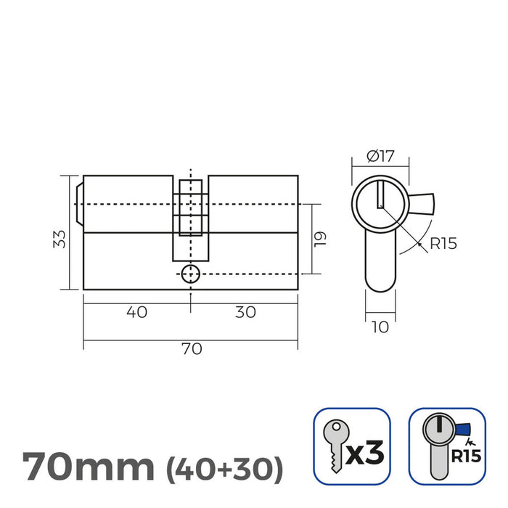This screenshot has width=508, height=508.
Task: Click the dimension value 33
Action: [60, 239]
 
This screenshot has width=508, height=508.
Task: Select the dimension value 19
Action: [320, 239]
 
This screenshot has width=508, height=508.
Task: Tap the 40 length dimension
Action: [136, 312]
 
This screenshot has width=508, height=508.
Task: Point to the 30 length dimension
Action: [245, 312]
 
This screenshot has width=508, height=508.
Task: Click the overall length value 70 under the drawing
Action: [192, 349]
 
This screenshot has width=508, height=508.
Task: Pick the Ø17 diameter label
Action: [380, 156]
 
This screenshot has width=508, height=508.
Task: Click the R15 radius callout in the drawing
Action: [443, 244]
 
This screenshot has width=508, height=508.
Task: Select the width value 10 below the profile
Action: [380, 327]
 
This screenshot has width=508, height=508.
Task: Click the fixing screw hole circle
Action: [190, 274]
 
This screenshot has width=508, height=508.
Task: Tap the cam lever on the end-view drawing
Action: [422, 204]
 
